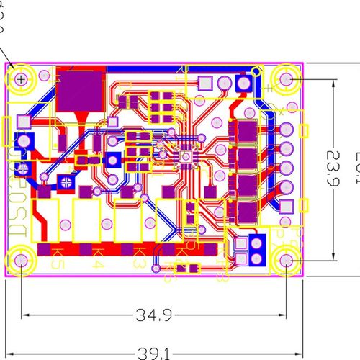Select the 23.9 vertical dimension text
pos(333,168)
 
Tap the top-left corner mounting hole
pos(22,78)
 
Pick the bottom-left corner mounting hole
pos(22,260)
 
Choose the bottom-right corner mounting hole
pos(288,260)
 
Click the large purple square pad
pos(80,91)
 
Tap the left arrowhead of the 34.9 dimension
pos(26,315)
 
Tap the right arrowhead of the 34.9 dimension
pos(284,315)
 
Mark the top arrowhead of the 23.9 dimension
pos(333,82)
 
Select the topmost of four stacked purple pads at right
pos(246,132)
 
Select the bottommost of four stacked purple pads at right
pos(246,212)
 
